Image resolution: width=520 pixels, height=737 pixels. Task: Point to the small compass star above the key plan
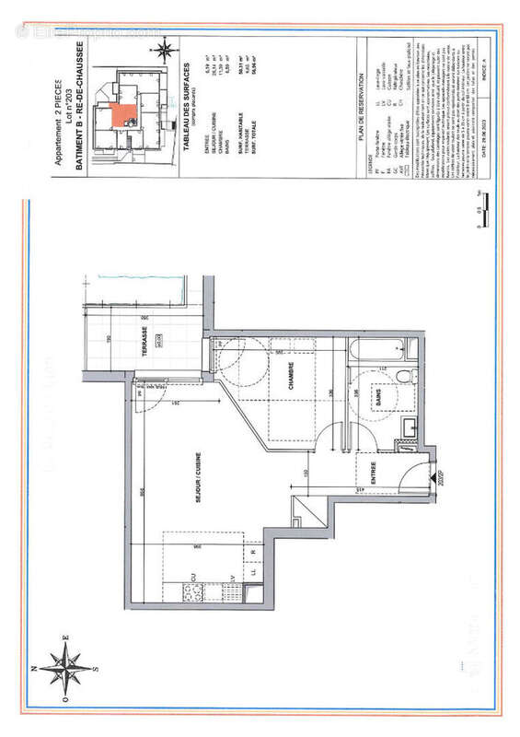(167, 47)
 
